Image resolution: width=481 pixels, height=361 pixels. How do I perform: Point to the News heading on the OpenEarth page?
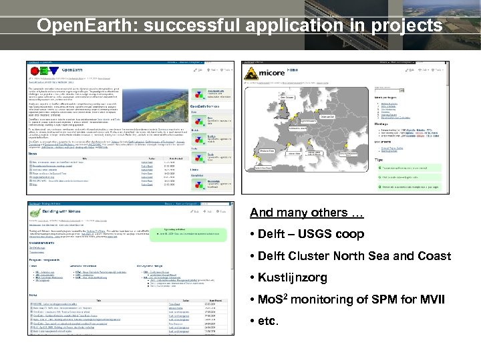click(33, 152)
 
